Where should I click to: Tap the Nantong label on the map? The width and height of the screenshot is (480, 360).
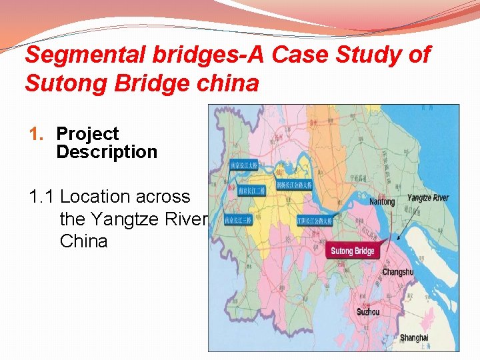tap(383, 201)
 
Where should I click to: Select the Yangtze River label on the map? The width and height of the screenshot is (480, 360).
tap(428, 198)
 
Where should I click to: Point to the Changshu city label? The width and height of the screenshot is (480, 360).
tap(397, 272)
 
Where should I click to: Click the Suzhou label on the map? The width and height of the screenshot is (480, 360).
tap(368, 312)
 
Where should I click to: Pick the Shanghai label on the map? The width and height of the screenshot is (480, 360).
tap(414, 338)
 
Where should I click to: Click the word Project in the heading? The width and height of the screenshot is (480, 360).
tap(87, 133)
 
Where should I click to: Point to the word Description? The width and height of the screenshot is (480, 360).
tap(107, 151)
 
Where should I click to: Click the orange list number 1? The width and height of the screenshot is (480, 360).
tap(36, 133)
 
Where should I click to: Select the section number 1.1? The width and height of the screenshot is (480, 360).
tap(41, 197)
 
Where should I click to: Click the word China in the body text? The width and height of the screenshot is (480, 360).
tap(83, 241)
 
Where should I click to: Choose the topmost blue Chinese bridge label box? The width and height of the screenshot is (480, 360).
tap(243, 165)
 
